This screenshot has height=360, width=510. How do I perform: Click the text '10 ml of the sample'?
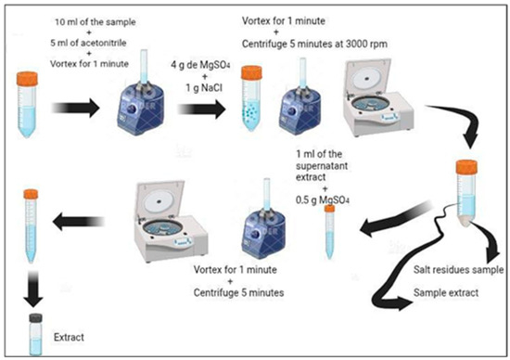click(96, 22)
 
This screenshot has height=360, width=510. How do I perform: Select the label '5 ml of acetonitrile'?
click(88, 43)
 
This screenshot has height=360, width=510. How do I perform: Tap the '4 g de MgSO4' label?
click(200, 65)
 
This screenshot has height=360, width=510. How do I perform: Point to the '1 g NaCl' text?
click(204, 88)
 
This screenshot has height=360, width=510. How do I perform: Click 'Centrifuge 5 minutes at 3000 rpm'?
click(314, 45)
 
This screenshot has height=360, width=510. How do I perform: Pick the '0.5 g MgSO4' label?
click(323, 200)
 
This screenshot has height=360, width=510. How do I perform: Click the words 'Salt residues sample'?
click(458, 269)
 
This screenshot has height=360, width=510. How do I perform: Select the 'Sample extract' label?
click(446, 292)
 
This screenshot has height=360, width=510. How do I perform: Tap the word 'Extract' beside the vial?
click(69, 337)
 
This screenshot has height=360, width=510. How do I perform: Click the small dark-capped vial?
click(35, 335)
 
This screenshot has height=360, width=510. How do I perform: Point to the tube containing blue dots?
click(251, 98)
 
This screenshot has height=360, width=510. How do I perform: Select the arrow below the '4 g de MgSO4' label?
click(201, 109)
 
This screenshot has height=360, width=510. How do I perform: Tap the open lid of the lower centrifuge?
click(160, 199)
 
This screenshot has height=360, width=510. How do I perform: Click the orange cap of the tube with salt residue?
click(466, 167)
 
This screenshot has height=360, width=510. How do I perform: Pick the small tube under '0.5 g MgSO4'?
click(329, 232)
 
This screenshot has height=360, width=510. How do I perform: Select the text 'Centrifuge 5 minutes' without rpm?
click(238, 292)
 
